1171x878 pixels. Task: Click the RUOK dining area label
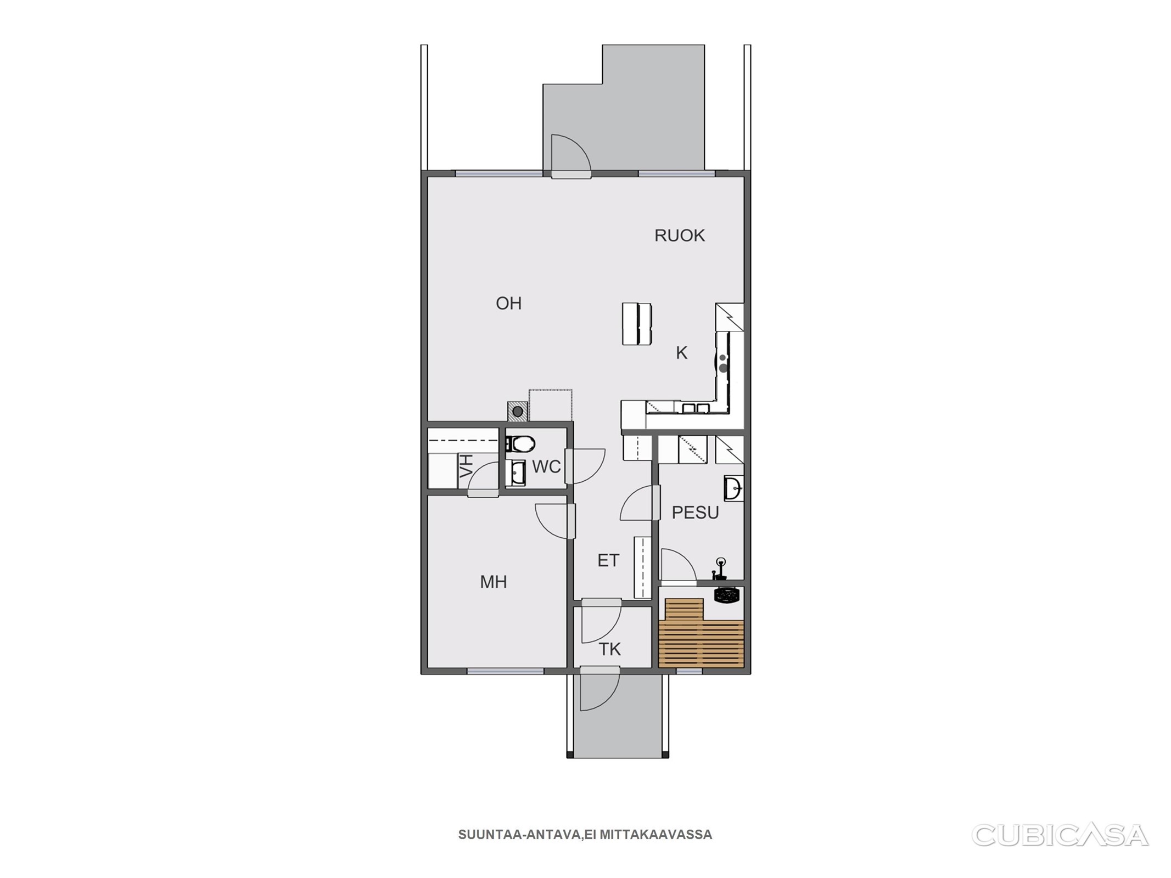[x=679, y=235]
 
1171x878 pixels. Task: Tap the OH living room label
[x=508, y=303]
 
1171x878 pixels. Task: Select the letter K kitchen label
[x=681, y=353]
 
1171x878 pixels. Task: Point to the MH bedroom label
[x=493, y=582]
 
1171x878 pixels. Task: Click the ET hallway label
[x=608, y=560]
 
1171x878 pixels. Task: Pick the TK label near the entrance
[x=609, y=649]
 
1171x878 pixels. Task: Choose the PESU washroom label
[x=695, y=513]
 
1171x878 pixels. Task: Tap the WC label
[x=546, y=467]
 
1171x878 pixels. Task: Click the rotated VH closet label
[x=466, y=466]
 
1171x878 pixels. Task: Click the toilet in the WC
[x=520, y=443]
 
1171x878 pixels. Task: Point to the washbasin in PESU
[x=733, y=488]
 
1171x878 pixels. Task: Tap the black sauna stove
[x=729, y=594]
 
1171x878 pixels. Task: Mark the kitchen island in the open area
[x=636, y=324]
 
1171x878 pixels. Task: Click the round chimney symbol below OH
[x=517, y=410]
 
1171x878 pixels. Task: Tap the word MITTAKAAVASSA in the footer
[x=655, y=835]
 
